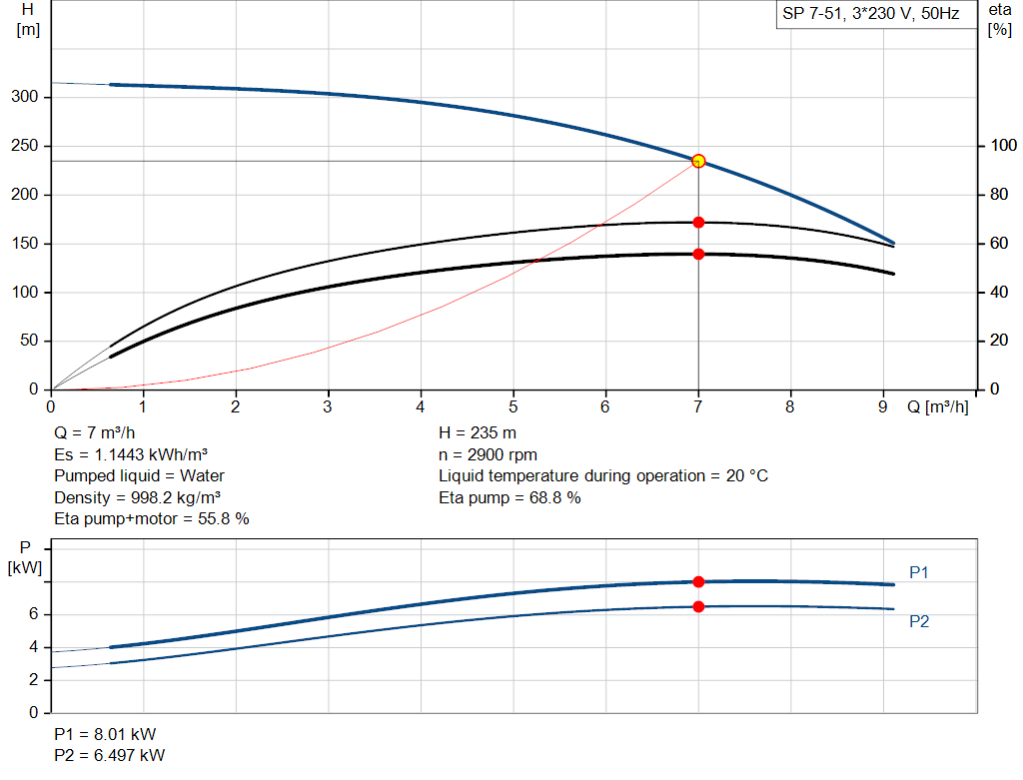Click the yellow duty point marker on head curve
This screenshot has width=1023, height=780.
[698, 161]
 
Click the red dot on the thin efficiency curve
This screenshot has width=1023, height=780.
[698, 222]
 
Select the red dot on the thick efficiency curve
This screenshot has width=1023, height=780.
[698, 254]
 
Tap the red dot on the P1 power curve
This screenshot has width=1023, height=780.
[698, 581]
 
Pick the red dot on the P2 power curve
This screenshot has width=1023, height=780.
[698, 606]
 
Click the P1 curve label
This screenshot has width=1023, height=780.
[919, 572]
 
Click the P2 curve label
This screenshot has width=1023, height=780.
[919, 621]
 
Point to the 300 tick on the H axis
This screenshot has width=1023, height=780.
[26, 97]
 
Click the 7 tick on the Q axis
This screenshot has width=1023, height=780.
[698, 406]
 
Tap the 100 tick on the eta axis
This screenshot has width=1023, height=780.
[1000, 146]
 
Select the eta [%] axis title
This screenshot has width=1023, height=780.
[999, 19]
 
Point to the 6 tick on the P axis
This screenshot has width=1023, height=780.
[33, 614]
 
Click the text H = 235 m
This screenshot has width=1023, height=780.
[478, 433]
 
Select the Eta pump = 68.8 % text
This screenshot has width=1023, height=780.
[510, 497]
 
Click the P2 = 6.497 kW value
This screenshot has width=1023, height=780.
[110, 755]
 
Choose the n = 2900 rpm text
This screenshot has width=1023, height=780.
[488, 454]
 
